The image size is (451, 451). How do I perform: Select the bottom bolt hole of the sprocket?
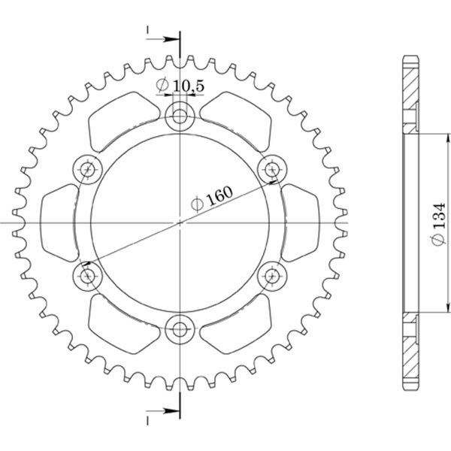[180, 328]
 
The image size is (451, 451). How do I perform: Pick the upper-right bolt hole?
[271, 169]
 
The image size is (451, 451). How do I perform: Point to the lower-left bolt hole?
[88, 276]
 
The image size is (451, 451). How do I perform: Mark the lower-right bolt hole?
[271, 276]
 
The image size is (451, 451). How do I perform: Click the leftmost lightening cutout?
[59, 222]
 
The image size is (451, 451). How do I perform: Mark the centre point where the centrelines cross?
[180, 222]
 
